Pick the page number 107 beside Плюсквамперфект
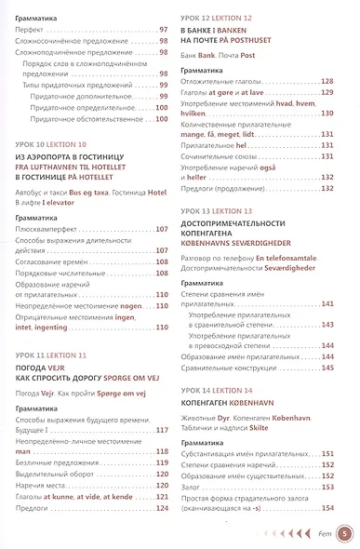(161, 228)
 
